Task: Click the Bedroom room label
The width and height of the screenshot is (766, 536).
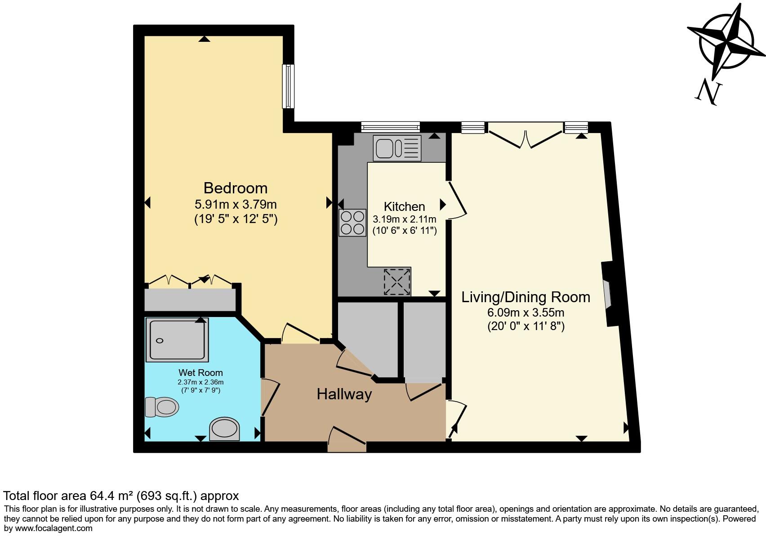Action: click(235, 188)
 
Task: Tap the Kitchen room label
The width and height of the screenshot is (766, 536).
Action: click(404, 206)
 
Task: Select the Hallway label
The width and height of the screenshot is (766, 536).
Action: click(344, 394)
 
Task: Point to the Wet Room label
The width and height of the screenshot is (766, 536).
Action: click(200, 372)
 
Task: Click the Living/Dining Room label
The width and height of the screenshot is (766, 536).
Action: click(526, 297)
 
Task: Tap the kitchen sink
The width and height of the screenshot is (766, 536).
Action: click(397, 148)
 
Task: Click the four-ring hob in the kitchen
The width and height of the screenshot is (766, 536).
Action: click(352, 223)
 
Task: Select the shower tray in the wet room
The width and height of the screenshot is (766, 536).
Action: click(177, 339)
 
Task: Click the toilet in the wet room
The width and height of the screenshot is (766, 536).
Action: click(162, 407)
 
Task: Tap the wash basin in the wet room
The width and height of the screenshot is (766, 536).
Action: click(224, 429)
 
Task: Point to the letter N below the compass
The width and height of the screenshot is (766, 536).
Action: click(708, 92)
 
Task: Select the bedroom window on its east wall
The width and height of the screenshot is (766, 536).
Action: click(288, 86)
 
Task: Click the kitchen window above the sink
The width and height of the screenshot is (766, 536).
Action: click(391, 127)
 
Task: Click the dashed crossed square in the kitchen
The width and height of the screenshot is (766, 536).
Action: click(397, 282)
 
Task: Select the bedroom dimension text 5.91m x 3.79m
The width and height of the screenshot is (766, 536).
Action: click(235, 205)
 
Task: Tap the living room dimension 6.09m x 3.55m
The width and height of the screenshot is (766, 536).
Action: click(526, 313)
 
